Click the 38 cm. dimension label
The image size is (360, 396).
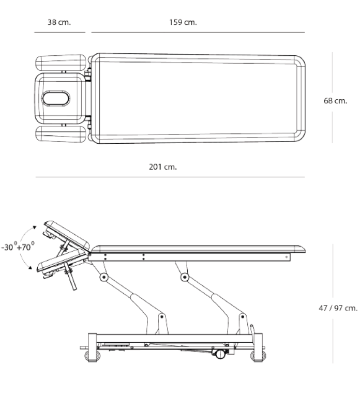(x=59, y=23)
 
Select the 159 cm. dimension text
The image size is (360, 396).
(x=183, y=23)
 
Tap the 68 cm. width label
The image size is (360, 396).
(x=335, y=101)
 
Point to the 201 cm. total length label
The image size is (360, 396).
(x=163, y=167)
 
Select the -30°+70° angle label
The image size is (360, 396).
(x=18, y=247)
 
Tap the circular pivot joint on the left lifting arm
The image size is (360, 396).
(x=104, y=278)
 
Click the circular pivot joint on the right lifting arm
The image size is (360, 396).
(x=184, y=278)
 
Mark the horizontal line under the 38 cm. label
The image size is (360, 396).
(x=59, y=32)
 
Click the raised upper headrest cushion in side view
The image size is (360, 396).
(x=67, y=233)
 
